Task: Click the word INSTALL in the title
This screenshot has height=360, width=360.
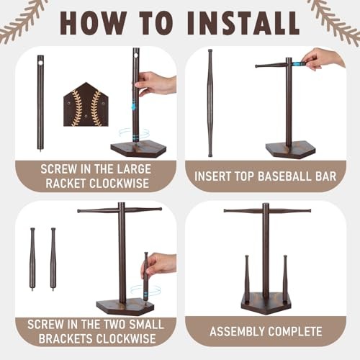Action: pyautogui.click(x=243, y=23)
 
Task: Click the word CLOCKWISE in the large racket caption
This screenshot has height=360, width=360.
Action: pyautogui.click(x=119, y=184)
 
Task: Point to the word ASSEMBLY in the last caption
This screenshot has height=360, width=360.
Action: pyautogui.click(x=237, y=332)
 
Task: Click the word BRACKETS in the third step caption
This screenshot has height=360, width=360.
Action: pyautogui.click(x=66, y=338)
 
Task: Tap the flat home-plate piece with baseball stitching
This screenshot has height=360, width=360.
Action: pyautogui.click(x=86, y=104)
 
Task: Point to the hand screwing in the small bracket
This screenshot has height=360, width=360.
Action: pyautogui.click(x=159, y=266)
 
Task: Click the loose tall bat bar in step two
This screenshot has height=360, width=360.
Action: pyautogui.click(x=210, y=103)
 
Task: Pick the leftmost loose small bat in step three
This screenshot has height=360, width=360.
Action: pyautogui.click(x=32, y=259)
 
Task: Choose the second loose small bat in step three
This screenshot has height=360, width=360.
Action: pyautogui.click(x=53, y=259)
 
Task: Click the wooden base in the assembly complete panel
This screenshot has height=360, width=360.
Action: pyautogui.click(x=266, y=303)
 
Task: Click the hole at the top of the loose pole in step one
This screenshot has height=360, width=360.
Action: pyautogui.click(x=40, y=63)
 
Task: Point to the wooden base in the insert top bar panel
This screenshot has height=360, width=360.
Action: pyautogui.click(x=290, y=149)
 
